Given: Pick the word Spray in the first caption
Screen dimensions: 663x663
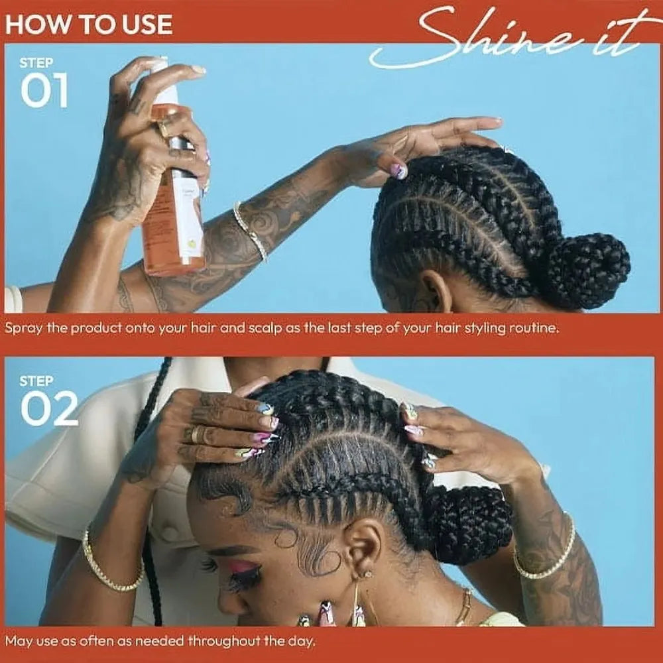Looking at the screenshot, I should point(22,328).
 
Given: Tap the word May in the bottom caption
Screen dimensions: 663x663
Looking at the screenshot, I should point(18,641).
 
